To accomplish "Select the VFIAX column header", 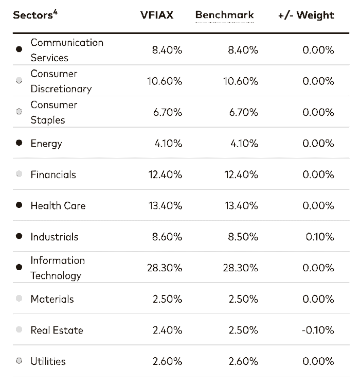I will coord(157,15).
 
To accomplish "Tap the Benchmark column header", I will coord(224,14).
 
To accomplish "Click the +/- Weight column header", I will coord(306,15).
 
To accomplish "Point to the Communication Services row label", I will coord(67,50).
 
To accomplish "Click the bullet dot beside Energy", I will coord(19,143).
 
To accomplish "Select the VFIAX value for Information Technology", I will coord(165,268).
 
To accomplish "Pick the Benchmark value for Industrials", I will coord(242,237).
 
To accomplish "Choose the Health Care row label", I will coord(58,205).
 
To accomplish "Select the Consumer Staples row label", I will coord(54,112).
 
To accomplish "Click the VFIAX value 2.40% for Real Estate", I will coord(167,330).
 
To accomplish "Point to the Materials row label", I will coord(52,299).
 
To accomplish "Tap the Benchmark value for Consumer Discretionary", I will coord(240,81).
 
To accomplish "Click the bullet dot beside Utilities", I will coord(19,361).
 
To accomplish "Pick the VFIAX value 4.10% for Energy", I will coord(168,143).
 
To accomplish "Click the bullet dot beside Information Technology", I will coord(19,268).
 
